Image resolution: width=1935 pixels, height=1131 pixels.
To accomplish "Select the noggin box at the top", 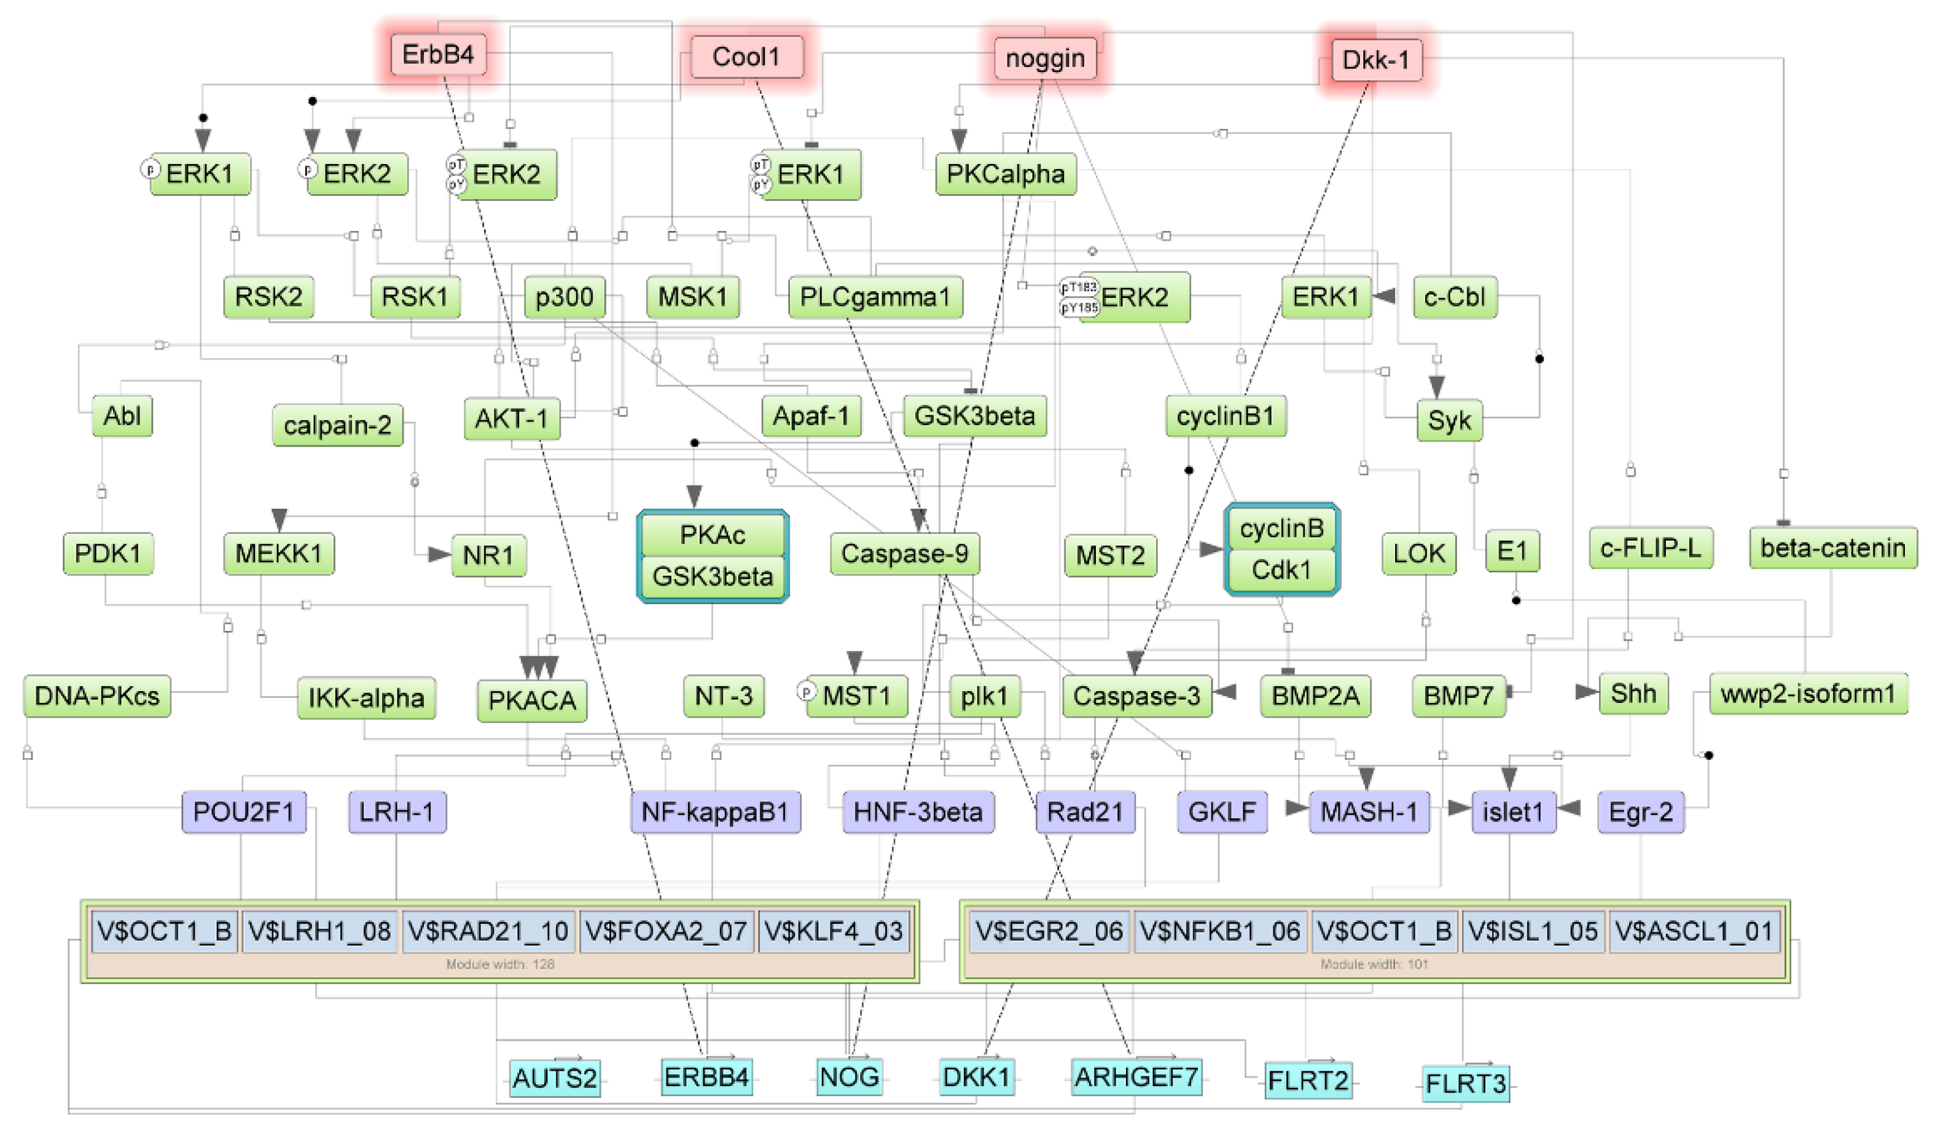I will point(1044,58).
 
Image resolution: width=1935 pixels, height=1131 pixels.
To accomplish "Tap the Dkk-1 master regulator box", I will point(1375,60).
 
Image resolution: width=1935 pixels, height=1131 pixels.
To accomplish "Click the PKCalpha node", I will point(1005,174).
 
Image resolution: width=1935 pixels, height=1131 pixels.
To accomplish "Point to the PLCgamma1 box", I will point(875,297).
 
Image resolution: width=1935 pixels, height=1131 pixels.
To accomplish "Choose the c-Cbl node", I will point(1455,297).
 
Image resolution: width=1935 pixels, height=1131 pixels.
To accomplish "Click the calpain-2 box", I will point(337,425).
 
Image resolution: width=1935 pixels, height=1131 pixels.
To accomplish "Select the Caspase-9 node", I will point(904,554).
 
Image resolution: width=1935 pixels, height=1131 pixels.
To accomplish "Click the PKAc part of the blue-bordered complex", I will point(712,534).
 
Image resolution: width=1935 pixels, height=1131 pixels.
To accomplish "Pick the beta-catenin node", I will point(1832,548).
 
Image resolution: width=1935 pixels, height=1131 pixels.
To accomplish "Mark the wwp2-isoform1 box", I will point(1807,694).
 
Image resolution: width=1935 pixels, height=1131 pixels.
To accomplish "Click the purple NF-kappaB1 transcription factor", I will point(715,812).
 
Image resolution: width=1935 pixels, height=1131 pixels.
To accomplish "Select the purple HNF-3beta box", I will point(918,812).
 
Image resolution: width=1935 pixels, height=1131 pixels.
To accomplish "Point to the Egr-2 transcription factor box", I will point(1640,812).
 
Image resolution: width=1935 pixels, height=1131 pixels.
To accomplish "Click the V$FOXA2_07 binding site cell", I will point(666,931).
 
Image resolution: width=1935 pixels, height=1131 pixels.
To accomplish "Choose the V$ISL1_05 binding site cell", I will point(1533,931).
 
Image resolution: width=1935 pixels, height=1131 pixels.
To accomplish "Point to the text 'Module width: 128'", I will point(500,965).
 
